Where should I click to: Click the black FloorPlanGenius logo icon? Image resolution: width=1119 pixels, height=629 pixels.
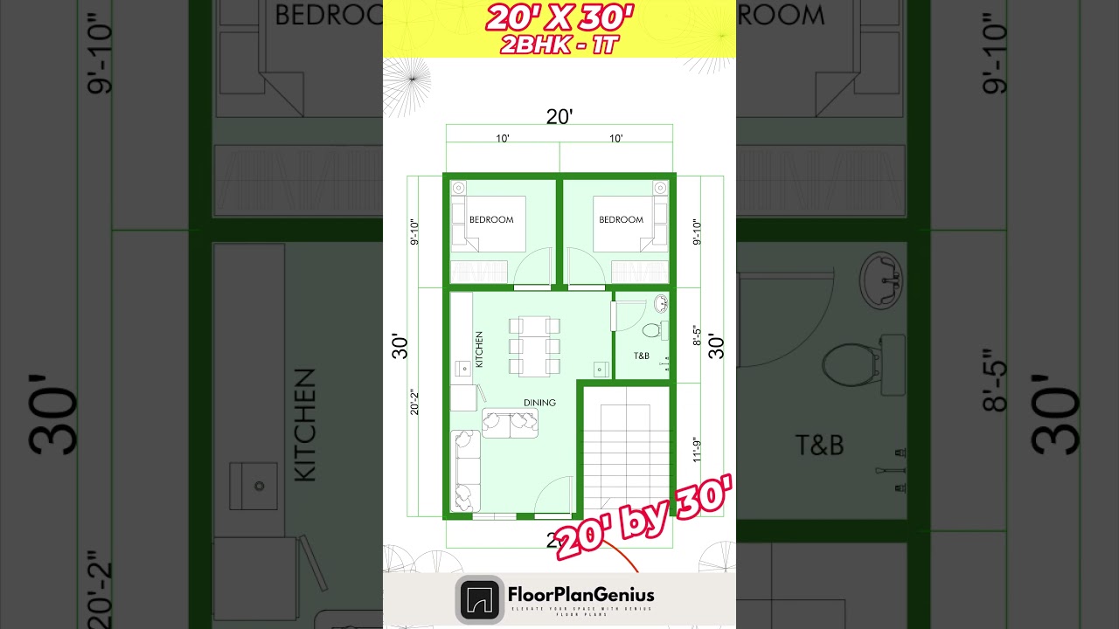coord(479,599)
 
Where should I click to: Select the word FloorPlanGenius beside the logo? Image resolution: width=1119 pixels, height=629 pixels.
coord(580,595)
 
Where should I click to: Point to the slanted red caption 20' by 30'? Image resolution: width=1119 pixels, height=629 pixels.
coord(643,517)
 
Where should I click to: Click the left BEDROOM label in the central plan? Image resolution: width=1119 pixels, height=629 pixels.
coord(491,219)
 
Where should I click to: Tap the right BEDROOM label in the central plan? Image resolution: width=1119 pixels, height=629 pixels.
coord(621,219)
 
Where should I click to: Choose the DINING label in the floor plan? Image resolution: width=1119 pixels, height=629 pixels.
coord(539,403)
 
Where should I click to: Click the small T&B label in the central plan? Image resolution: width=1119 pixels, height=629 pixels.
coord(641,356)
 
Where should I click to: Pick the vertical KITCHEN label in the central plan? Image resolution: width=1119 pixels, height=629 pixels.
coord(479,349)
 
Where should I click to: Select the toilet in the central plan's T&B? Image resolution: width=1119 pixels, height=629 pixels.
coord(651,330)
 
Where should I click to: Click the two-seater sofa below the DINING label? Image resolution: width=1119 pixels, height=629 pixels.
coord(510,423)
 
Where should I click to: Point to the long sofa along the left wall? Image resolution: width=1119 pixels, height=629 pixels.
coord(464,471)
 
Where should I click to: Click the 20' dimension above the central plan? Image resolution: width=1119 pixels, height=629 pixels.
coord(559,116)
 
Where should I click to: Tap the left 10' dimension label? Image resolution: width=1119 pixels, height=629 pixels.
coord(503,138)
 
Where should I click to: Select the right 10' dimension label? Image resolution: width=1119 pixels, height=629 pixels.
coord(616,138)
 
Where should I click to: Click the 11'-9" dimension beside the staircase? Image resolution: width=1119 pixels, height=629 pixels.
coord(698,449)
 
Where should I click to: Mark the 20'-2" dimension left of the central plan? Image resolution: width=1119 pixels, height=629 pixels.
coord(414,402)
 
